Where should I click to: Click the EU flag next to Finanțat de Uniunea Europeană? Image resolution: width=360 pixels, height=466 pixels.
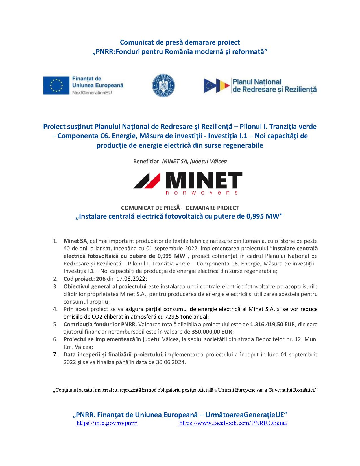tap(56, 85)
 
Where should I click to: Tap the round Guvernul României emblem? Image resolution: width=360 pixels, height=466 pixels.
tap(163, 86)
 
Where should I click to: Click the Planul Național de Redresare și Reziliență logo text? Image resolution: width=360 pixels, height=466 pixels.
tap(274, 86)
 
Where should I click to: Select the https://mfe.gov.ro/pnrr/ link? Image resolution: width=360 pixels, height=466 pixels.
tap(107, 423)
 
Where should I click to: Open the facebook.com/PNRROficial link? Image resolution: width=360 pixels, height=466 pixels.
tap(233, 423)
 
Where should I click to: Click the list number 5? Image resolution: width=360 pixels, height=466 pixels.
tap(55, 324)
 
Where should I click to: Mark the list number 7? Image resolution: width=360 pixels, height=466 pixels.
tap(55, 354)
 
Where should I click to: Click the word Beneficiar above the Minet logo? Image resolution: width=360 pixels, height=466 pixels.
tap(146, 162)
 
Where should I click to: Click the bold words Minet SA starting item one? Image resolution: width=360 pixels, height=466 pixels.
tap(75, 241)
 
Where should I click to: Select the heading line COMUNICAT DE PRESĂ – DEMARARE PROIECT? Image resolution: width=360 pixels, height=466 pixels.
tap(180, 208)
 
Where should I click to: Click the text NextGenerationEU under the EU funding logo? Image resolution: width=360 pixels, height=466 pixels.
tap(92, 92)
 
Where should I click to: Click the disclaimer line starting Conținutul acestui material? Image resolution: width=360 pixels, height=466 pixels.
tap(185, 390)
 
